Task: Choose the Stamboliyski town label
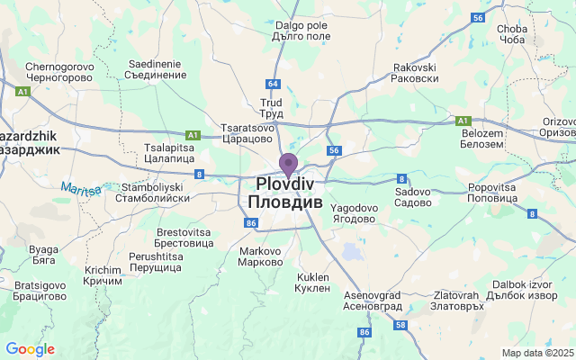(x=152, y=193)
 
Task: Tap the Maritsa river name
(x=82, y=188)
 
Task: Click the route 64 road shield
(x=274, y=84)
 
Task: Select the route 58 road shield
(x=400, y=325)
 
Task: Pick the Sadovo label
(x=413, y=198)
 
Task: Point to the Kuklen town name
(x=312, y=283)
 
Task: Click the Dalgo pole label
(x=301, y=31)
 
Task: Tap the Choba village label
(x=511, y=34)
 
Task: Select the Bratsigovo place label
(x=40, y=291)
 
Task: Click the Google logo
(x=30, y=349)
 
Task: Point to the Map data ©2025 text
(x=536, y=353)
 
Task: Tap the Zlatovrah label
(x=457, y=300)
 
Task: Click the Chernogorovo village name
(x=59, y=72)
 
